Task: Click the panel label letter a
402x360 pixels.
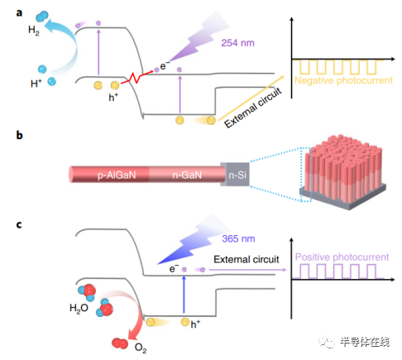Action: tap(19, 13)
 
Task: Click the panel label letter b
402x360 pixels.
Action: tap(19, 135)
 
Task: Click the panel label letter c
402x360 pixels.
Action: tap(19, 224)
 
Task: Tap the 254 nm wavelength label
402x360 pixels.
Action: tap(237, 43)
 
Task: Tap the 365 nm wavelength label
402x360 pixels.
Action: tap(238, 238)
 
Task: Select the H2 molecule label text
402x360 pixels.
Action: tap(34, 31)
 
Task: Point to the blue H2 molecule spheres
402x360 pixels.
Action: tap(42, 17)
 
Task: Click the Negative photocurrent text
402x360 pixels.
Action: tap(343, 80)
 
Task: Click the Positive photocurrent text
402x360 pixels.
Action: tap(342, 257)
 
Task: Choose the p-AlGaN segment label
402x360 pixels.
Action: tap(117, 175)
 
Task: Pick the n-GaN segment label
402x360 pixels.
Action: tap(187, 175)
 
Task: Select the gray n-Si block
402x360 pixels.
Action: tap(236, 175)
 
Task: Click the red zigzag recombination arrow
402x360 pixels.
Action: tap(136, 78)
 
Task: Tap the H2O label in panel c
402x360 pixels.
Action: tap(79, 308)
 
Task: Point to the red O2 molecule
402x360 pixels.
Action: tap(120, 343)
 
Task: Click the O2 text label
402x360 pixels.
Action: tap(141, 348)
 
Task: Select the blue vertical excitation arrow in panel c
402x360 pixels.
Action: tap(184, 295)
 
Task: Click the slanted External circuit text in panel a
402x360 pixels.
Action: tap(253, 108)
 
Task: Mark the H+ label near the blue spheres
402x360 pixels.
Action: tap(36, 84)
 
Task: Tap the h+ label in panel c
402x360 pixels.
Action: tap(195, 324)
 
